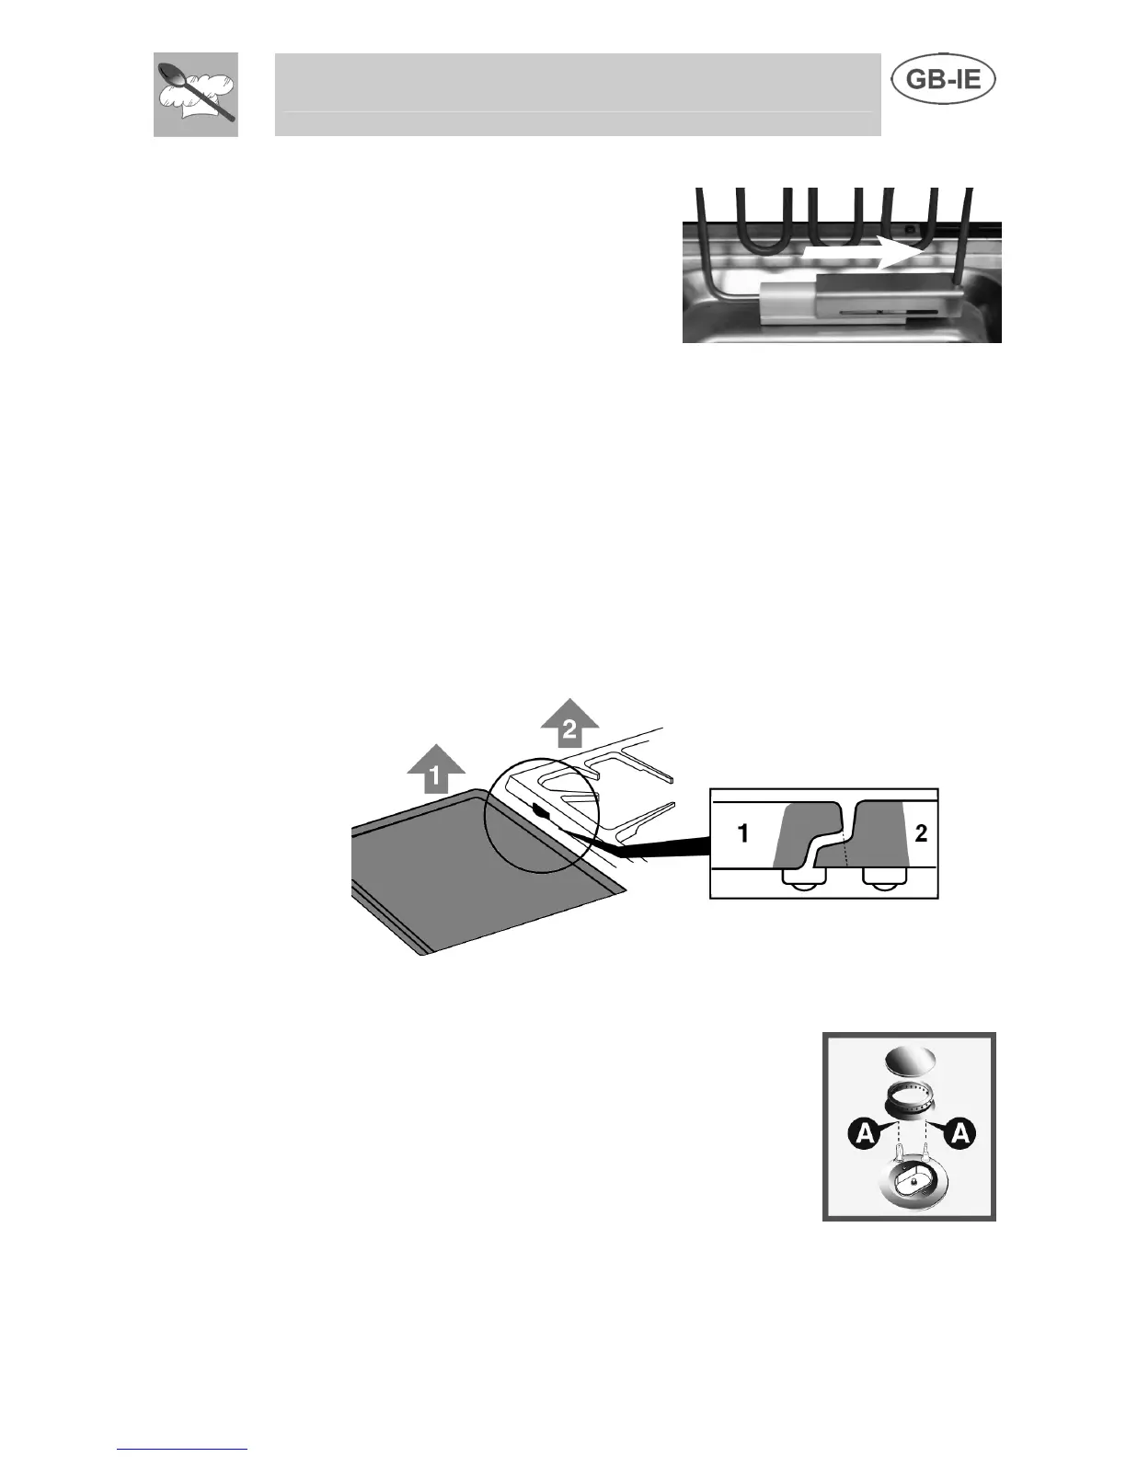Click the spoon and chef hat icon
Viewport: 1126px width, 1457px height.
(195, 94)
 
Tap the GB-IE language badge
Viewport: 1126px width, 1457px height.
(944, 81)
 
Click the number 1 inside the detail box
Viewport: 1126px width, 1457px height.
(742, 833)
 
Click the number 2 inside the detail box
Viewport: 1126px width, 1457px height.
(922, 833)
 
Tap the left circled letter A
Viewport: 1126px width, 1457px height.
(864, 1136)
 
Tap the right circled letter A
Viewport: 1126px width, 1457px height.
(959, 1136)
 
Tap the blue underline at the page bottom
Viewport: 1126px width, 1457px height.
(182, 1449)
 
